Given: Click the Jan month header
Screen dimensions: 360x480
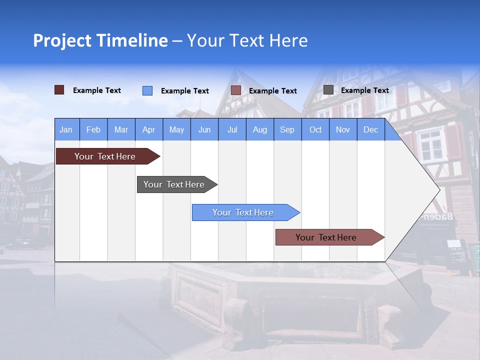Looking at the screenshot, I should pyautogui.click(x=66, y=129).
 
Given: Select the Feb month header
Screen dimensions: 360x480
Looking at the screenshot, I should pyautogui.click(x=93, y=129).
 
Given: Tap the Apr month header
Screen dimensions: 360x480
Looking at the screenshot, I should pyautogui.click(x=149, y=129).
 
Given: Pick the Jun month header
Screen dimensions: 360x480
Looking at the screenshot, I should pyautogui.click(x=204, y=129).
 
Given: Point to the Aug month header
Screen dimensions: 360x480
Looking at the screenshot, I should pyautogui.click(x=260, y=129).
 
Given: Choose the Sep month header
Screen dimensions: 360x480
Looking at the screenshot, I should pyautogui.click(x=287, y=129).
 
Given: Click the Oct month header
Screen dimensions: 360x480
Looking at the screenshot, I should pyautogui.click(x=315, y=129).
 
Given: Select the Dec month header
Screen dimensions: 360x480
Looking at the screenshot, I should pyautogui.click(x=371, y=129).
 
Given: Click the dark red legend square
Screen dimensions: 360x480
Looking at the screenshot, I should pyautogui.click(x=59, y=90).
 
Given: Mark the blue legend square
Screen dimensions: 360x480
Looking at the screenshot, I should pyautogui.click(x=147, y=90).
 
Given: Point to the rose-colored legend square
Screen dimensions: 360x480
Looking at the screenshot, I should pyautogui.click(x=236, y=90).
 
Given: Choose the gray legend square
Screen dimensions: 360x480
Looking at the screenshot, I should pyautogui.click(x=328, y=90).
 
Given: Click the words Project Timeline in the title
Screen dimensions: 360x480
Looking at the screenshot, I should pyautogui.click(x=100, y=40).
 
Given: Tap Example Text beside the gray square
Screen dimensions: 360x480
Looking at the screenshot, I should pyautogui.click(x=364, y=90).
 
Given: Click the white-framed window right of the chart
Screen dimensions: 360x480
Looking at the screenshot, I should pyautogui.click(x=431, y=144).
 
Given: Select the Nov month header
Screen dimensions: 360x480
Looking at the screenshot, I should pyautogui.click(x=343, y=129).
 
